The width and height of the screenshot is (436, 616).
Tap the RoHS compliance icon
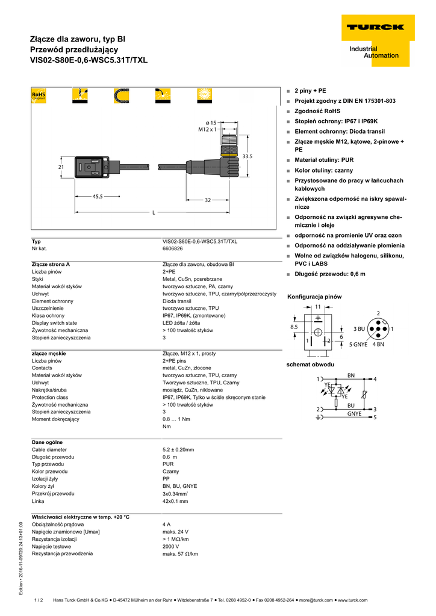39,96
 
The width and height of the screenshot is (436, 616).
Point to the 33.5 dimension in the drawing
247,156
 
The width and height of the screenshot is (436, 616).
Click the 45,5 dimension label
98,196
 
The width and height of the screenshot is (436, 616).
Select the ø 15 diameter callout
210,122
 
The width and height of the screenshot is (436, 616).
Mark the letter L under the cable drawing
154,212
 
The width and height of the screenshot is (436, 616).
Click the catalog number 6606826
173,248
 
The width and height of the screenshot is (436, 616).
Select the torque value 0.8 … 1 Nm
176,419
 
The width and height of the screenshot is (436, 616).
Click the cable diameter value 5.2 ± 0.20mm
178,449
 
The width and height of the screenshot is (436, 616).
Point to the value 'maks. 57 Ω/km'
180,553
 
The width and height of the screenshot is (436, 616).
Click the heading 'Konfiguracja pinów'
314,297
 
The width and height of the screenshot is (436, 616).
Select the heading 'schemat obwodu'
310,365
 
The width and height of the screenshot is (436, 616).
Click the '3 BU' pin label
360,329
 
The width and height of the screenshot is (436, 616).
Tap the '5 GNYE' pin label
358,344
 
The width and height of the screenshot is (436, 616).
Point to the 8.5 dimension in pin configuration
294,327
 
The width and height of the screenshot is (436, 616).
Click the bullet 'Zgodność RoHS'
317,111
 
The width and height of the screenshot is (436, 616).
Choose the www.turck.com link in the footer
353,600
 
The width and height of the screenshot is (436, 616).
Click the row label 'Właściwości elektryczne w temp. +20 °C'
81,517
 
